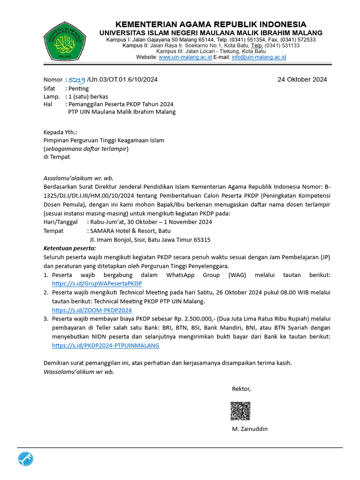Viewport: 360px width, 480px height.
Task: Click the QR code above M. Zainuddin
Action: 240,411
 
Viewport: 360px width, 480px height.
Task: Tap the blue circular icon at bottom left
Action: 26,460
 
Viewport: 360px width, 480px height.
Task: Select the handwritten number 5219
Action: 76,80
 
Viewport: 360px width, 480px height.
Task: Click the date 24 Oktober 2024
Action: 302,79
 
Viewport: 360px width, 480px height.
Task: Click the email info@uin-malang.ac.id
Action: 259,57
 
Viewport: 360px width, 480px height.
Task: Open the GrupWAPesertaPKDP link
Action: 97,284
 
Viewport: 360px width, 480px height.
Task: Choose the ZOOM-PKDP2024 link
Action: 92,310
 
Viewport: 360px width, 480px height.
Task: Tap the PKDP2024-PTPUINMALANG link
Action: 105,345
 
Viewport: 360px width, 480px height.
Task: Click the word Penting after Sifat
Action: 78,88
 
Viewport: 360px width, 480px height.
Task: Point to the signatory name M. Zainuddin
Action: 250,429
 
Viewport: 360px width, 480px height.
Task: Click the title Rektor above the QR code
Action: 241,389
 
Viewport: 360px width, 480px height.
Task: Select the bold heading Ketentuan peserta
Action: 69,248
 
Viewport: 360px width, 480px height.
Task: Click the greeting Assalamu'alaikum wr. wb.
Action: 78,178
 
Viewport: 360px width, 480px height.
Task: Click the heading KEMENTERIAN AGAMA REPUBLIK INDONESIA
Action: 211,24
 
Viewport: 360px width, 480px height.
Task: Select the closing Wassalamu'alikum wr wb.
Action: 79,372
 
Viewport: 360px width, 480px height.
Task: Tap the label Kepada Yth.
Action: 60,132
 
